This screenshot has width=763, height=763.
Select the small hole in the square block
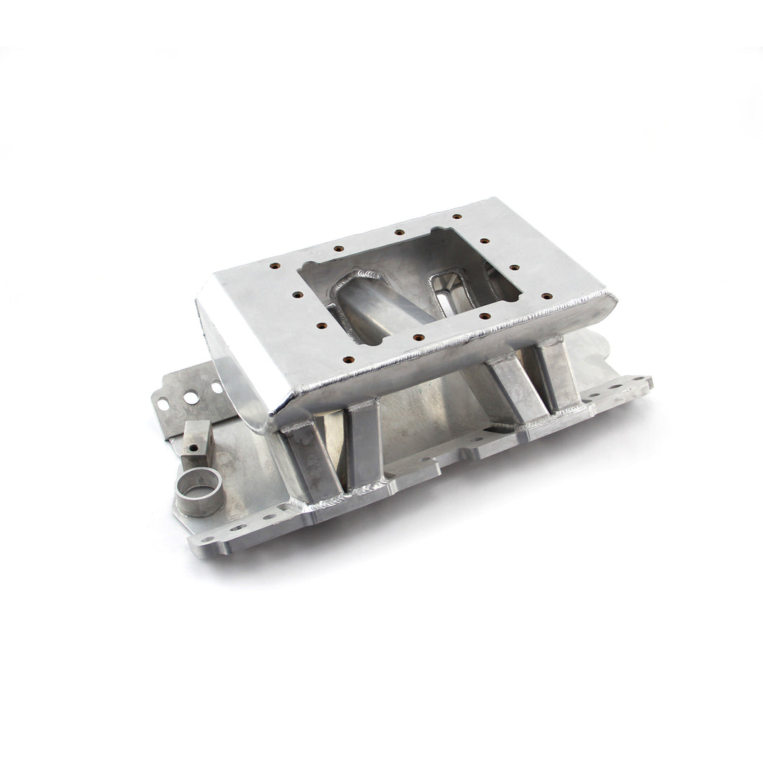(194, 447)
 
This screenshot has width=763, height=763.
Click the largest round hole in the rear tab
(191, 397)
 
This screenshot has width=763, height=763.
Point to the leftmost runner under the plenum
(307, 460)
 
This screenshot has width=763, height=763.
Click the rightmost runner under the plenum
(558, 379)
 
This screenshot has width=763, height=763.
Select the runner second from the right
(515, 392)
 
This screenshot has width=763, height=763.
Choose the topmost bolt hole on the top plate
(457, 216)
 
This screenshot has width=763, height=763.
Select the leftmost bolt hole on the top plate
(274, 265)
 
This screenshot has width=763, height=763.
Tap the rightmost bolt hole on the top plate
(546, 296)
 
